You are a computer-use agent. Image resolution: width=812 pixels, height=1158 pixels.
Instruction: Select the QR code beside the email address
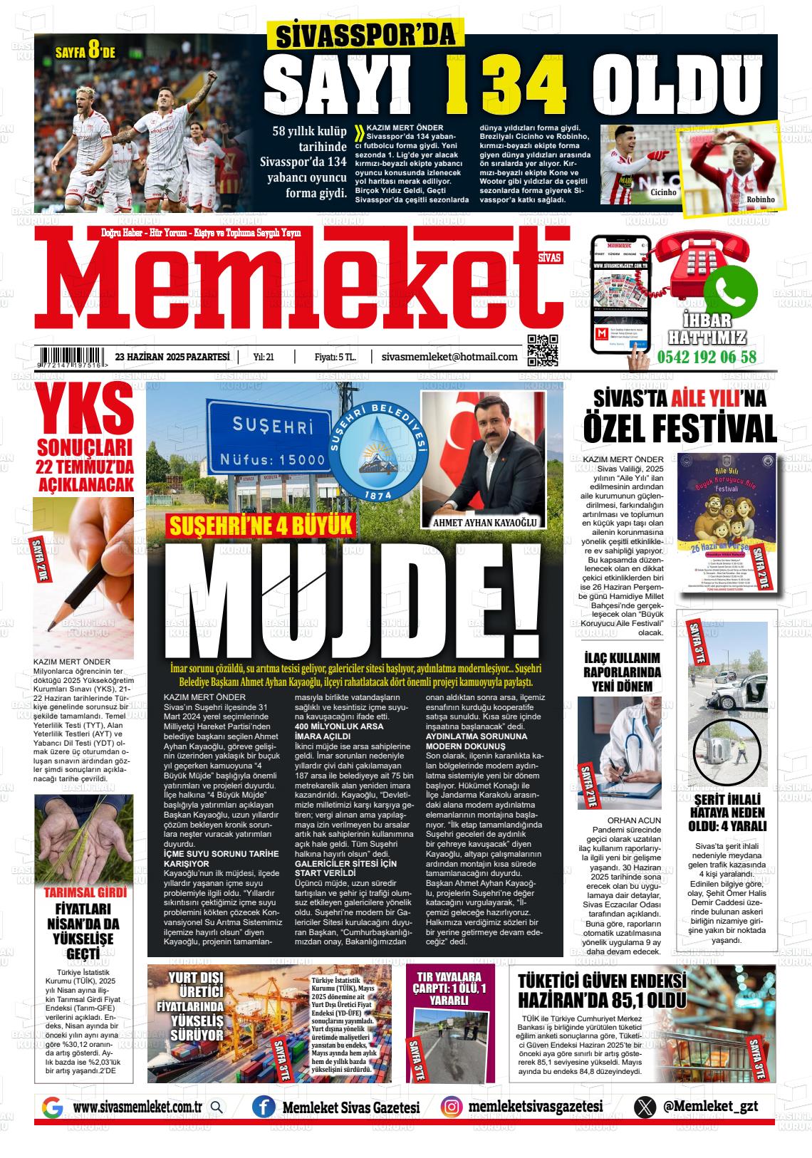point(542,349)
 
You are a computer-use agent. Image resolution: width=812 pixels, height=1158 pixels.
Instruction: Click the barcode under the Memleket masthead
point(71,356)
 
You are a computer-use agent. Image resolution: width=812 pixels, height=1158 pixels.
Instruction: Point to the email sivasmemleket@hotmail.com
point(449,357)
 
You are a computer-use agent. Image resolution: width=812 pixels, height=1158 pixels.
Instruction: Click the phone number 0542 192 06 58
point(707,357)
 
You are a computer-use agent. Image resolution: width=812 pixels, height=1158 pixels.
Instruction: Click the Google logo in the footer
point(52,1107)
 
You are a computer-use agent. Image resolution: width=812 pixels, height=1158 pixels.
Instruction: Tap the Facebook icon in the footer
point(264,1107)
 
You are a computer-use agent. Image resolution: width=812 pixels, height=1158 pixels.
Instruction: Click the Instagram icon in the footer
point(450,1107)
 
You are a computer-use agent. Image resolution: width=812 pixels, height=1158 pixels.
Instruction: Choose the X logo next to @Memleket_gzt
point(645,1107)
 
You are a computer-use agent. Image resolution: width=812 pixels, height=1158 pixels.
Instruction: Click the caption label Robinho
point(760,199)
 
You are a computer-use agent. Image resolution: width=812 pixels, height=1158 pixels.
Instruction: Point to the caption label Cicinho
point(662,193)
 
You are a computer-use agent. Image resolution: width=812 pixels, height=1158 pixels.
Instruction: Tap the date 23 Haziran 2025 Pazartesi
point(172,357)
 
